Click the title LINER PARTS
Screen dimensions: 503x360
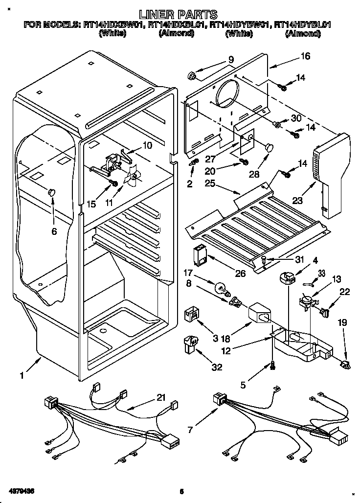[178, 14]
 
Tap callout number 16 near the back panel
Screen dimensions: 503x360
[305, 56]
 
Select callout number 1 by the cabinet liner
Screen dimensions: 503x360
[22, 376]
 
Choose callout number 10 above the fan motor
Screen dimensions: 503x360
[147, 145]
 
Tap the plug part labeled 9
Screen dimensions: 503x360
[192, 76]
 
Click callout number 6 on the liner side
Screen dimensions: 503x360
[54, 231]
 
